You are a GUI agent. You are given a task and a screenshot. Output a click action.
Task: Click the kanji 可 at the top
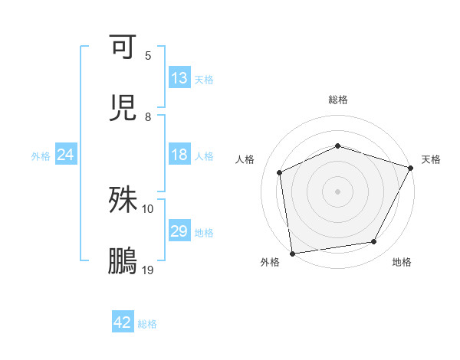(123, 47)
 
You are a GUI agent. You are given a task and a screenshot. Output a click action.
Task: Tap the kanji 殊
(123, 200)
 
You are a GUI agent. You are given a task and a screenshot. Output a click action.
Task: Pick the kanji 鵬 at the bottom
(123, 261)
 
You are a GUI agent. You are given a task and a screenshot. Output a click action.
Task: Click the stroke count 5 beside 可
(148, 56)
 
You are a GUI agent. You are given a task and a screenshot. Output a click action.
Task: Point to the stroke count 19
(148, 270)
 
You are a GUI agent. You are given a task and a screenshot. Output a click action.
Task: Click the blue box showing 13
(179, 78)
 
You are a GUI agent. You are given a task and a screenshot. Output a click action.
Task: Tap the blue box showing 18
(179, 155)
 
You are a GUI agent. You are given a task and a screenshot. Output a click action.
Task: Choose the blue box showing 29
(179, 231)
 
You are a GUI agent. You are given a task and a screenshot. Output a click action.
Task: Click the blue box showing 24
(66, 155)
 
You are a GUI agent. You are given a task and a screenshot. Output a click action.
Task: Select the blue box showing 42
(123, 322)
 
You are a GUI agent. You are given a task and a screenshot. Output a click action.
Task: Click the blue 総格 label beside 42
(147, 324)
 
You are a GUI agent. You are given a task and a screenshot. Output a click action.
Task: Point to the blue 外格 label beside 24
(41, 156)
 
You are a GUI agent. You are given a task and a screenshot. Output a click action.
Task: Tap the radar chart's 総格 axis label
(338, 100)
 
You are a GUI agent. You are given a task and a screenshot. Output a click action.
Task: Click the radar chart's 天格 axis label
(431, 159)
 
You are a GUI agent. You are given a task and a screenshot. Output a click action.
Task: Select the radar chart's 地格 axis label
(402, 262)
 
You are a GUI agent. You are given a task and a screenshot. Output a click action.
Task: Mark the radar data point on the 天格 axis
(412, 168)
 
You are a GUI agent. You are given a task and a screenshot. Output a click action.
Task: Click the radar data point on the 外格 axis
(292, 253)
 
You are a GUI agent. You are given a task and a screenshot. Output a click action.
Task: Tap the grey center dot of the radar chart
(338, 191)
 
